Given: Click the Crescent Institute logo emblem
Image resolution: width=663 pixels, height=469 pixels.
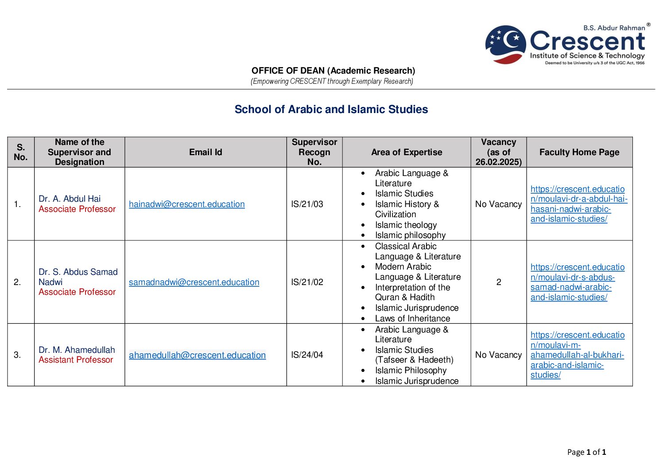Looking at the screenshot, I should point(505,44).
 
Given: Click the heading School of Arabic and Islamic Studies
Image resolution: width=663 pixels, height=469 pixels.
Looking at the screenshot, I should point(331,109).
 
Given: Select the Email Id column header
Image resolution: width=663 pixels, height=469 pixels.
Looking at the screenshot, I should point(205,152).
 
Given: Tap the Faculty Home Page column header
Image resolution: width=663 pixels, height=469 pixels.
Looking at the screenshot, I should point(579,152).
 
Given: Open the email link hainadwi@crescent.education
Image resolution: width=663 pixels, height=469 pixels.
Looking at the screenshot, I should point(186,204).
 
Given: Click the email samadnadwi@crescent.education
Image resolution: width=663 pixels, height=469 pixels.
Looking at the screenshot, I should point(194,282).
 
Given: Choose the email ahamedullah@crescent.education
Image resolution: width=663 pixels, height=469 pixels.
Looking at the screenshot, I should point(197,355).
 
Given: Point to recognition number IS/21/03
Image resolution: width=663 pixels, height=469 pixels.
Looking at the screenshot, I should point(307,204).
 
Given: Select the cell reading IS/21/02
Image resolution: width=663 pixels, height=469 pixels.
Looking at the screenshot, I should point(307,282).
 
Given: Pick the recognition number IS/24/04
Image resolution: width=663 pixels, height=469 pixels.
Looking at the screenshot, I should point(307,355).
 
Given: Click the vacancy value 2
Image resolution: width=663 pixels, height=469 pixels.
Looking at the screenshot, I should point(498,282).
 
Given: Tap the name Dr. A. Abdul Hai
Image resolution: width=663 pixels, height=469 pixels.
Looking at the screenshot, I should point(70,199).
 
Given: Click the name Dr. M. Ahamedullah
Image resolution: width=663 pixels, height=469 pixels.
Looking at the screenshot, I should point(77,350).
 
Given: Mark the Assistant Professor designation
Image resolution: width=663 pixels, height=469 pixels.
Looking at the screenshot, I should point(76,360).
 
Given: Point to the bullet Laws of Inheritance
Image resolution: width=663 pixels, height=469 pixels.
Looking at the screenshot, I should point(412,319).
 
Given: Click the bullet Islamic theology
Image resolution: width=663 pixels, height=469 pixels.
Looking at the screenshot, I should point(406,225).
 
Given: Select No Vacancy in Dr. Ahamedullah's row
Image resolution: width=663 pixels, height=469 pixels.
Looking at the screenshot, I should point(498,355).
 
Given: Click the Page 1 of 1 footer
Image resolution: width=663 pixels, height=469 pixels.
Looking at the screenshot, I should point(586,452).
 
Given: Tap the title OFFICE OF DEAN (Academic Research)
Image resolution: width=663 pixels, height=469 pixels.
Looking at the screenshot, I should point(333,70).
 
